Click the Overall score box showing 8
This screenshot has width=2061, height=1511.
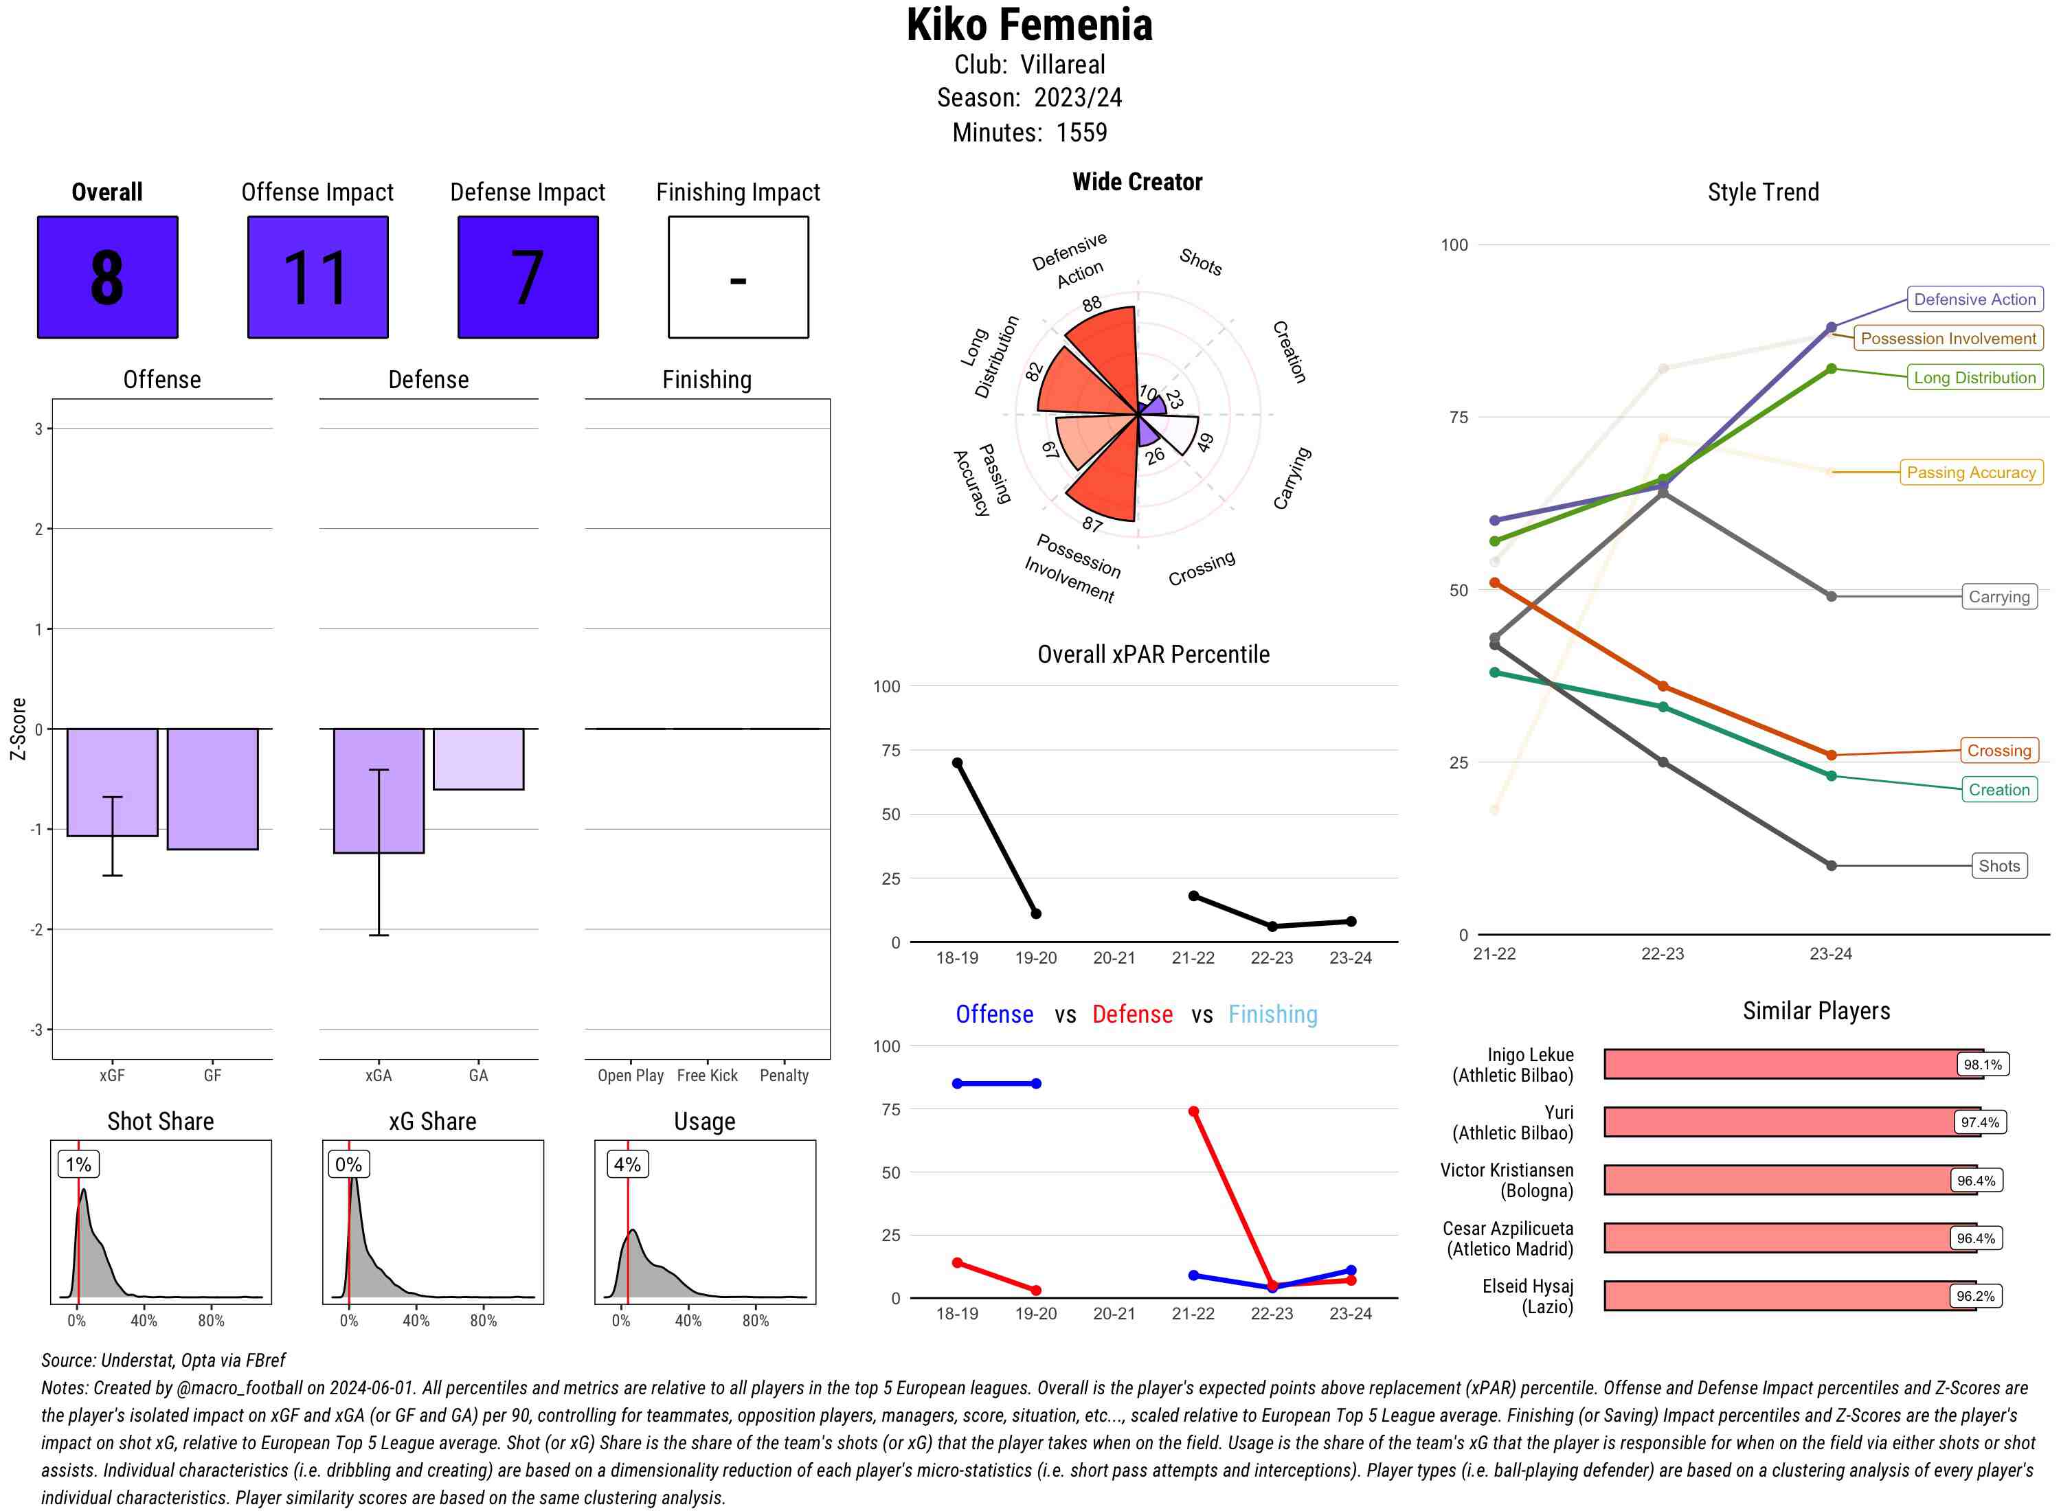107,277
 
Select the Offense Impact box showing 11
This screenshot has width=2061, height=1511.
317,277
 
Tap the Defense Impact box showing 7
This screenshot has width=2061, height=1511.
528,277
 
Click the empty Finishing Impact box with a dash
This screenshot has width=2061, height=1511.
739,277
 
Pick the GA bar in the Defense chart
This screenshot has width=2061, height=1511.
478,759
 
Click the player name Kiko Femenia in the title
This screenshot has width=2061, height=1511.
1029,25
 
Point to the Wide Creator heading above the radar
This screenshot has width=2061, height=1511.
1137,182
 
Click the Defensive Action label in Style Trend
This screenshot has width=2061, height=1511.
1974,299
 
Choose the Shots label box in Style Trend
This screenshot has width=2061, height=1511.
1998,865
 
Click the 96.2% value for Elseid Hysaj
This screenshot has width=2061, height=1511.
1975,1296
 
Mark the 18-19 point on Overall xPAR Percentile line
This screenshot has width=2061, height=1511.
957,763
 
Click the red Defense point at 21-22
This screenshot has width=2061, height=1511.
1193,1111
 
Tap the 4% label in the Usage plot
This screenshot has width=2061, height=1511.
627,1164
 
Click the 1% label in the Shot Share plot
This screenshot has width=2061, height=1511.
79,1164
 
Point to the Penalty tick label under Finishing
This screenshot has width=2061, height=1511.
784,1076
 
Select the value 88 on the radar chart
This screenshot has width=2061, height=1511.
1092,304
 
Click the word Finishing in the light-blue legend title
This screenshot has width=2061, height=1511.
1272,1014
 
